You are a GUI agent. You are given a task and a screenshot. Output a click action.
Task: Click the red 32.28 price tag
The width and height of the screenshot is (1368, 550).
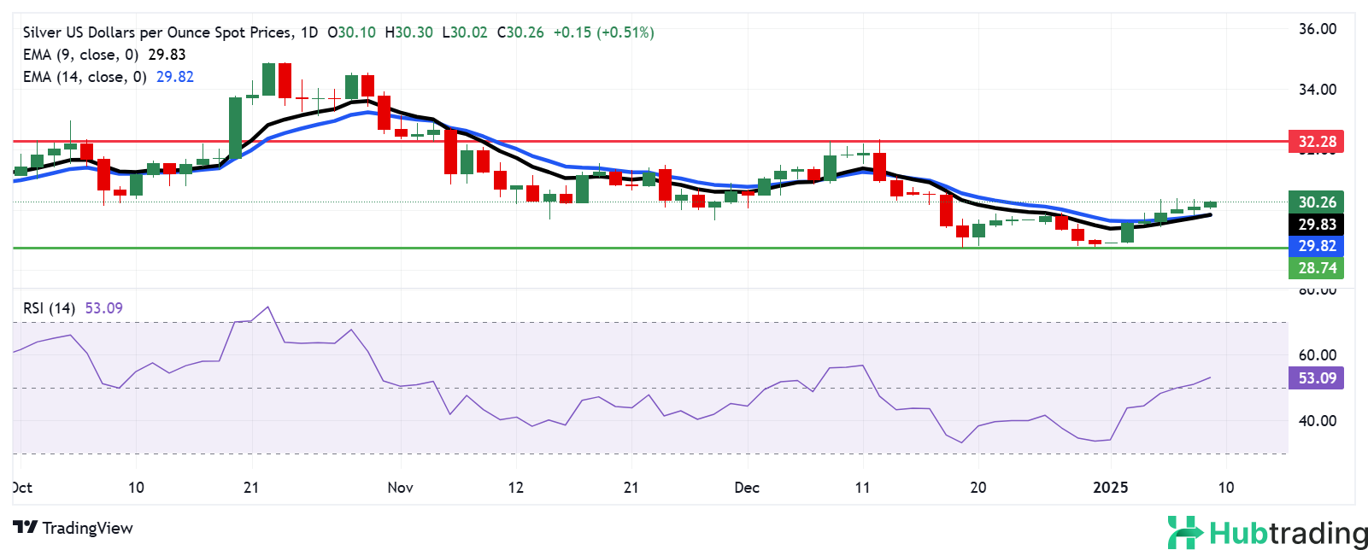(x=1316, y=142)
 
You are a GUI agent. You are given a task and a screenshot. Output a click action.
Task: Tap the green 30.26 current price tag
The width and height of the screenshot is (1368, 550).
(x=1316, y=202)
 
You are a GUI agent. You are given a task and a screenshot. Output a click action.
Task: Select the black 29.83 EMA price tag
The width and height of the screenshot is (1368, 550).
(x=1316, y=225)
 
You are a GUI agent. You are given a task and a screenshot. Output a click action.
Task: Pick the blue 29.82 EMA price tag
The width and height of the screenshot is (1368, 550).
(x=1316, y=246)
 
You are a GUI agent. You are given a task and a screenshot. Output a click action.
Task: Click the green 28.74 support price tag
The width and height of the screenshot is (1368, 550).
(x=1316, y=268)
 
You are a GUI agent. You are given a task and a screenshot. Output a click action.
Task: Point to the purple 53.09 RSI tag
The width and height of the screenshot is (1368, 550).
(x=1316, y=378)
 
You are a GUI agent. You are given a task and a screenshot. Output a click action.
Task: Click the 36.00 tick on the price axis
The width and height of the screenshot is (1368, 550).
(x=1317, y=29)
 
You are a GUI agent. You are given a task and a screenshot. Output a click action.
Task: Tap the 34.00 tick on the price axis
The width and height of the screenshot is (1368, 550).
(x=1317, y=90)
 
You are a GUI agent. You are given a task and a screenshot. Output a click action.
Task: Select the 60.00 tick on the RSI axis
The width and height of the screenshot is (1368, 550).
(x=1317, y=355)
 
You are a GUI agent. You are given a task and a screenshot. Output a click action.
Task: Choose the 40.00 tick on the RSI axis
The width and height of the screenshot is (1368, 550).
(x=1317, y=421)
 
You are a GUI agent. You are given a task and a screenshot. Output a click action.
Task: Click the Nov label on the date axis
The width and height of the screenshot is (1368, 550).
(x=400, y=488)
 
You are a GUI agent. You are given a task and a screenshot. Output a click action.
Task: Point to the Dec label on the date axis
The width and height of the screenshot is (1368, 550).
(x=747, y=488)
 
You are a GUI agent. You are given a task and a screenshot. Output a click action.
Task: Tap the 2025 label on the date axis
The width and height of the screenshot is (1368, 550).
(x=1111, y=488)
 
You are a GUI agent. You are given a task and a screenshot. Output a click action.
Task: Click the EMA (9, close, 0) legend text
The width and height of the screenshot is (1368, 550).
(x=80, y=55)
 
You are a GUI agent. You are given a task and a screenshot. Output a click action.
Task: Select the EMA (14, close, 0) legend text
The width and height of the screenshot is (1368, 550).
(x=85, y=77)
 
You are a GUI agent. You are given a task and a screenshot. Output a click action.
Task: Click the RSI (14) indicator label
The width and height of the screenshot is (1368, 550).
(x=50, y=308)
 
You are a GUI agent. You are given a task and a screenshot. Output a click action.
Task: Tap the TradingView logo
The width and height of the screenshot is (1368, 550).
(x=73, y=528)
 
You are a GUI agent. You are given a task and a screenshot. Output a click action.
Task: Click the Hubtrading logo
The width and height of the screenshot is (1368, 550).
(x=1267, y=533)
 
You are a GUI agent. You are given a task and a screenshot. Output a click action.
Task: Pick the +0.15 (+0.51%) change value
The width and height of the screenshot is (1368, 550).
(x=603, y=32)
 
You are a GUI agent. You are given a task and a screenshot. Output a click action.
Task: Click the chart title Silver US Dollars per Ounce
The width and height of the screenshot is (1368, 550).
(x=157, y=32)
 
